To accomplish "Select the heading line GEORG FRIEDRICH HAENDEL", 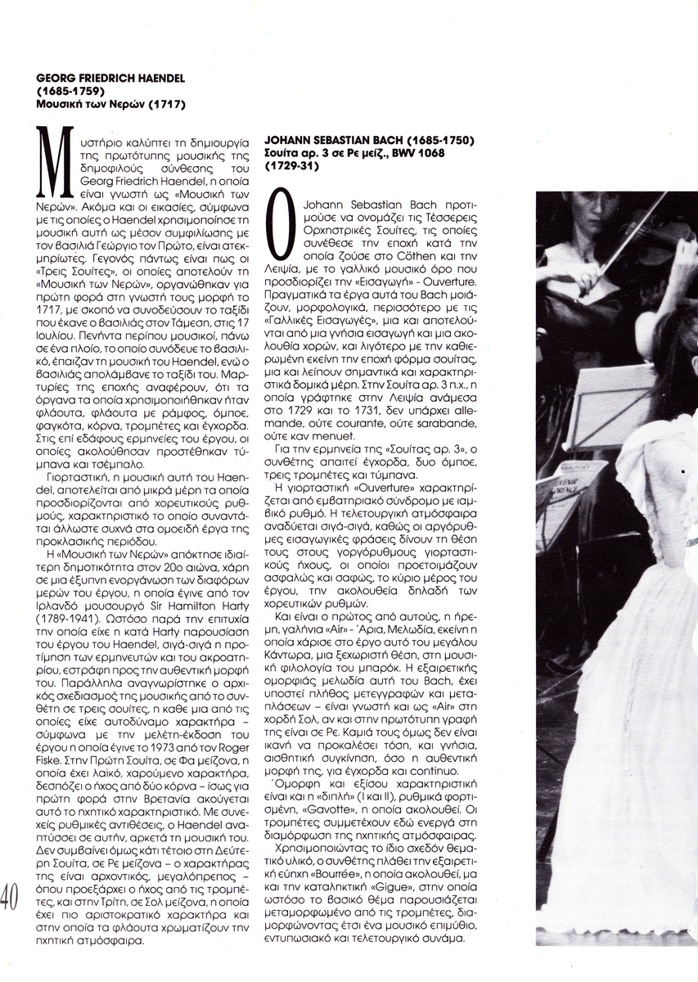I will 111,79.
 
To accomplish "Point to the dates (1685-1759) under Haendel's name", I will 68,92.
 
